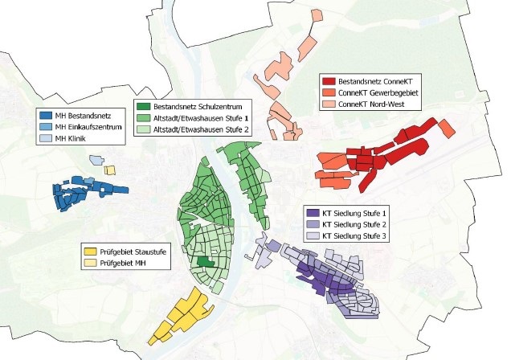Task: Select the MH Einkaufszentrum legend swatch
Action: (x=47, y=127)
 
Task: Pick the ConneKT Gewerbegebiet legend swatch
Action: (x=328, y=93)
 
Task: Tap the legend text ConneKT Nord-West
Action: (x=374, y=104)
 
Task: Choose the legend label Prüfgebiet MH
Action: (x=125, y=263)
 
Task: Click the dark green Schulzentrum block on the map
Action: (x=207, y=263)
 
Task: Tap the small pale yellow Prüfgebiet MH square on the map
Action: (x=110, y=170)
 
